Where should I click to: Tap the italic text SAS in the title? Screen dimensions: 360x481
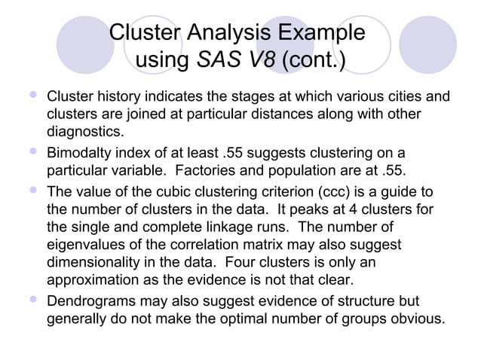(x=216, y=60)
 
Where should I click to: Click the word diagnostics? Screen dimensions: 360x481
(x=83, y=132)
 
